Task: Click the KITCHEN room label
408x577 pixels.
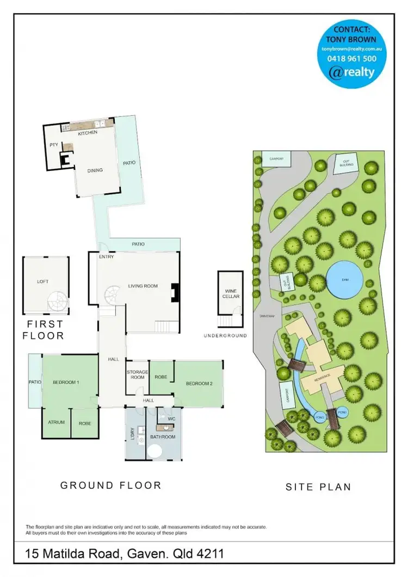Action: tap(88, 133)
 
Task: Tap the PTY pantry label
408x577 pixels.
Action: tap(54, 145)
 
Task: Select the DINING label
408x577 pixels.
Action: tap(95, 170)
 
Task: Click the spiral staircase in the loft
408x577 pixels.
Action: tap(57, 301)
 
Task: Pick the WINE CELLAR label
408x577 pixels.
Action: tap(228, 294)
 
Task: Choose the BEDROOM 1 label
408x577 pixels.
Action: tap(66, 383)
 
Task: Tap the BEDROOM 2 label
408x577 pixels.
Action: tap(199, 384)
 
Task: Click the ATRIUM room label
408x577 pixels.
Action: tap(56, 422)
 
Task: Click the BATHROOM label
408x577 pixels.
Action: tap(163, 437)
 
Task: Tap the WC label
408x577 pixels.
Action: tap(170, 419)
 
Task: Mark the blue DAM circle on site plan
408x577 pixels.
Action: tap(344, 279)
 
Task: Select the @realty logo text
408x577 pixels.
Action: tap(353, 72)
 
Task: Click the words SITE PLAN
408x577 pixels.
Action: tap(318, 487)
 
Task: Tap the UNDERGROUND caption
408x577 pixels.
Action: tap(225, 336)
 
